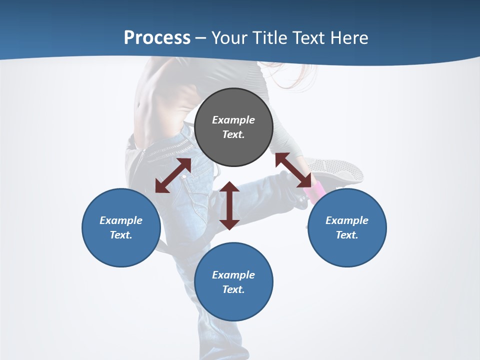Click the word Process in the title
click(x=157, y=38)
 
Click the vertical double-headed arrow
click(x=229, y=205)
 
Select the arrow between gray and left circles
click(x=173, y=175)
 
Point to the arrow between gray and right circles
click(x=293, y=170)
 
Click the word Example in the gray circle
click(x=233, y=120)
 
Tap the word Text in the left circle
click(x=121, y=235)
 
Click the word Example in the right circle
click(x=346, y=220)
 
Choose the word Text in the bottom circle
click(x=233, y=289)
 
